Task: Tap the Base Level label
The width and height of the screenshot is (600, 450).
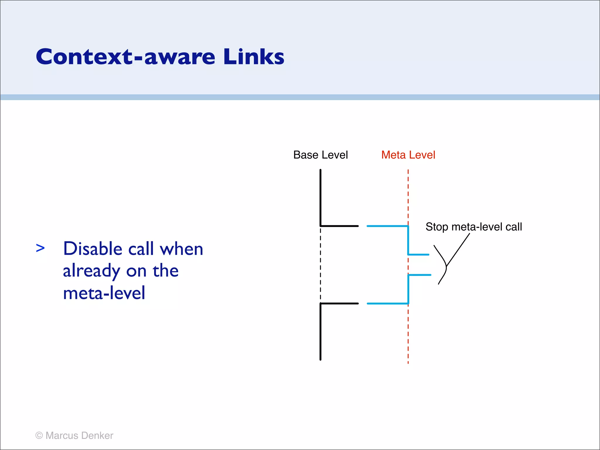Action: [x=321, y=155]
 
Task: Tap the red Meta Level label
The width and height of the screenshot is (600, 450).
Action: [x=408, y=155]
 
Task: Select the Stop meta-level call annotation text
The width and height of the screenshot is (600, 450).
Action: [x=474, y=227]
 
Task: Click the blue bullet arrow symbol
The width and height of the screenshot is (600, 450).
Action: [x=40, y=248]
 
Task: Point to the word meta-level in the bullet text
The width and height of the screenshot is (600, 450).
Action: [x=104, y=293]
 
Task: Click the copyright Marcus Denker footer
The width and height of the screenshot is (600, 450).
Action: [x=74, y=436]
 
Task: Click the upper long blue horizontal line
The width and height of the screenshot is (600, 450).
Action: [x=387, y=226]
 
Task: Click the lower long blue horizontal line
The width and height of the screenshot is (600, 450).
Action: [x=387, y=304]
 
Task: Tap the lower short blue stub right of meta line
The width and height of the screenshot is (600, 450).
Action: [x=420, y=275]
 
